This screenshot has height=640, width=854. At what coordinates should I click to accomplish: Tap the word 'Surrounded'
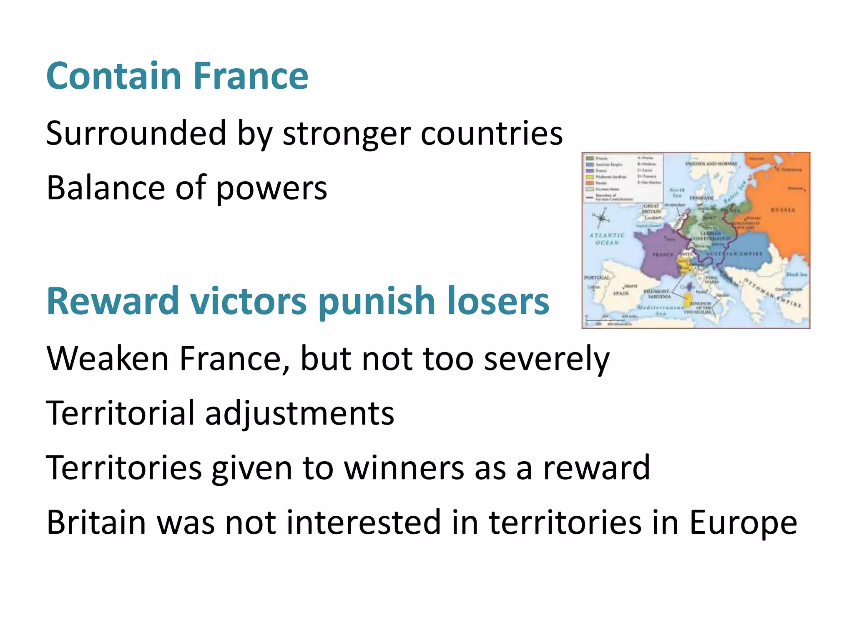(x=136, y=133)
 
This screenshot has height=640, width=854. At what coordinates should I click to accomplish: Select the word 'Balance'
(x=105, y=188)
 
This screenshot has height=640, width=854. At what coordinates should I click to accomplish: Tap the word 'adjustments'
(x=299, y=414)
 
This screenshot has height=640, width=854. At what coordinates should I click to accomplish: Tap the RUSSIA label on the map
(x=783, y=210)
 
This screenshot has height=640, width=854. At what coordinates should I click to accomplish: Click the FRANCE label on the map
(x=663, y=254)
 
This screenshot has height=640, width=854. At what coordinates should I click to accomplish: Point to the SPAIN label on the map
(x=620, y=293)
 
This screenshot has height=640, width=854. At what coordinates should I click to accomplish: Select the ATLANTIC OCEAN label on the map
(x=607, y=239)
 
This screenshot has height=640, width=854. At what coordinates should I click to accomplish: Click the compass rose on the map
(x=601, y=218)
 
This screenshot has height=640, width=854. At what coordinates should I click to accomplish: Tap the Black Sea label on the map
(x=796, y=275)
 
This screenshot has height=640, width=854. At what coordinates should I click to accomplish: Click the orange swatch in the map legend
(x=590, y=183)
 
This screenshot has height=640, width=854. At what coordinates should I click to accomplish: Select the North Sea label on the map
(x=677, y=192)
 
